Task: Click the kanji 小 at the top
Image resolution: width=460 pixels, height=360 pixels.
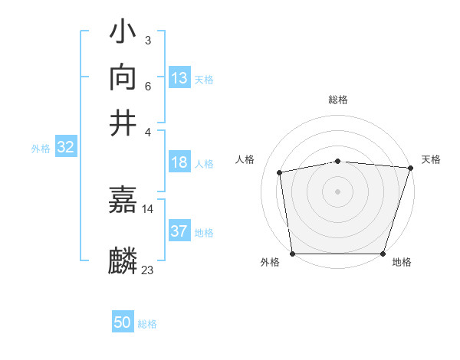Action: tap(123, 34)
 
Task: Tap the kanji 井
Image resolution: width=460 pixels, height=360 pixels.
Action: tap(123, 122)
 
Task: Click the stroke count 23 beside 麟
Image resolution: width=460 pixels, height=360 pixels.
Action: tap(148, 270)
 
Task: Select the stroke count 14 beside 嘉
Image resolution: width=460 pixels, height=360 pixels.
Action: tap(148, 208)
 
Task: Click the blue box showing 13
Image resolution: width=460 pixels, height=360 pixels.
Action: tap(179, 78)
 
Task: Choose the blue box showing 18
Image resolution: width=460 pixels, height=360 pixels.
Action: tap(179, 162)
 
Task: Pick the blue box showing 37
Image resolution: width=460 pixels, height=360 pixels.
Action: tap(179, 231)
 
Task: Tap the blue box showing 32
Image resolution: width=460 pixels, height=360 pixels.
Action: tap(65, 148)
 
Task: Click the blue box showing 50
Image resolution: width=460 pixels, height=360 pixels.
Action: tap(123, 322)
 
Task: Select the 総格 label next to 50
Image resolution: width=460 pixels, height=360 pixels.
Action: tap(147, 324)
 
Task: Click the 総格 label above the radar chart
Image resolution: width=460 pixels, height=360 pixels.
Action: tap(338, 100)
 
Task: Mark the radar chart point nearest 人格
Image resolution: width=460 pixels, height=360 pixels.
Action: tap(280, 172)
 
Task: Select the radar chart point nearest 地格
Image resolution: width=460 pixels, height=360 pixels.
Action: tap(383, 254)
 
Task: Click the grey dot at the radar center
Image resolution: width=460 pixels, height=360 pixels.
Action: tap(337, 191)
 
